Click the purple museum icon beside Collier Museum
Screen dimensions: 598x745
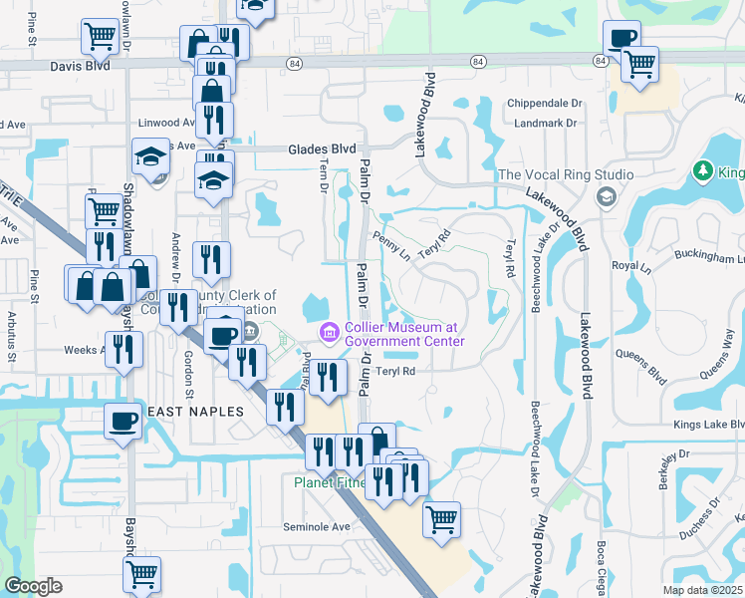[x=326, y=331]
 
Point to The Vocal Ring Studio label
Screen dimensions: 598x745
[x=566, y=174]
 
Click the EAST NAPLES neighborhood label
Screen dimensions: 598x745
[x=195, y=411]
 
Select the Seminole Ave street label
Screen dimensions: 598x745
[x=317, y=526]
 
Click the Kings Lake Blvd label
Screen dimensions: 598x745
[x=708, y=425]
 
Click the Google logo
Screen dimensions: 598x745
[x=33, y=586]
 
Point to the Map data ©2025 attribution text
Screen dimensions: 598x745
[x=702, y=590]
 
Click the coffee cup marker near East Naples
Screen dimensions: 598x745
[x=124, y=421]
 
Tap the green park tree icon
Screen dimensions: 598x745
[x=704, y=170]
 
